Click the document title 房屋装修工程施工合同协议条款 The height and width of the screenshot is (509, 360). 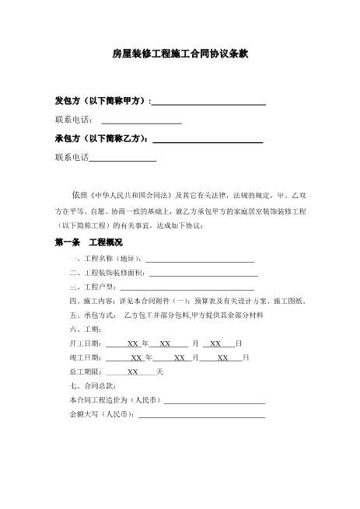coord(180,55)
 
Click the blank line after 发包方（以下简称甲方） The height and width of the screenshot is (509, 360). coord(208,103)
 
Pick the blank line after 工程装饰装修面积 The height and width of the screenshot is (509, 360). coord(203,274)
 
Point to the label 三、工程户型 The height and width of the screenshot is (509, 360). coord(91,288)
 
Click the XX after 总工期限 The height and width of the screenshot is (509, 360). coord(133,372)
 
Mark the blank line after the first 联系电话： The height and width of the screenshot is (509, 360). coord(142,121)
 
